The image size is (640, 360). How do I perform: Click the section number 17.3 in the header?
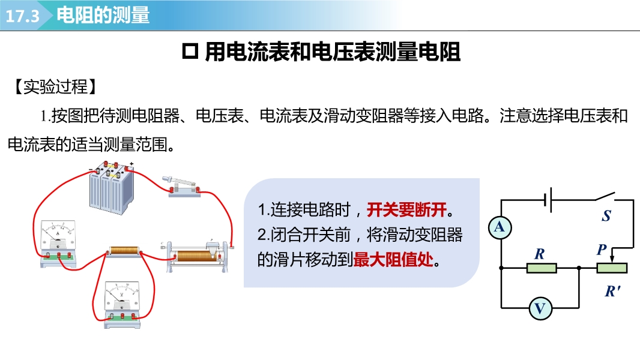tap(22, 16)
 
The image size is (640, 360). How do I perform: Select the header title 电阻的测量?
tap(103, 15)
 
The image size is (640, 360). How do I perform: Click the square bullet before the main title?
tap(190, 52)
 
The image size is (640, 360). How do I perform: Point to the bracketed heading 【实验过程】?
tap(56, 86)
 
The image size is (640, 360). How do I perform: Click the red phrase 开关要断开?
tap(406, 209)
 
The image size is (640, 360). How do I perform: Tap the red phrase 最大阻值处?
tap(393, 259)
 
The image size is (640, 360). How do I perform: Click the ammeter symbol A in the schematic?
tap(500, 227)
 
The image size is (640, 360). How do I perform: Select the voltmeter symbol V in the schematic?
tap(540, 308)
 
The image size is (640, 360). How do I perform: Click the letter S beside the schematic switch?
tap(606, 215)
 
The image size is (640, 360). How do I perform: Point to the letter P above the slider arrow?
tap(602, 250)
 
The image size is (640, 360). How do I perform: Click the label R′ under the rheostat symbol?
tap(612, 291)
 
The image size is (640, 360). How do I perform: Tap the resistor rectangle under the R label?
tap(542, 268)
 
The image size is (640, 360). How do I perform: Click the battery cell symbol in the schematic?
tap(548, 200)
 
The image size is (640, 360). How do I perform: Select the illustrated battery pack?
tap(112, 188)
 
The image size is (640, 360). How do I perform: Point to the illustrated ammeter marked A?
tap(58, 244)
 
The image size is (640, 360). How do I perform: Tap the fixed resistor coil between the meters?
tap(124, 251)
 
